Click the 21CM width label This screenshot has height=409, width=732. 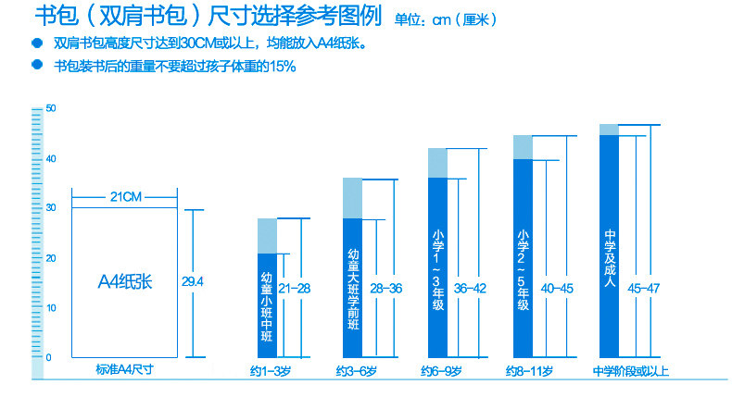coord(124,196)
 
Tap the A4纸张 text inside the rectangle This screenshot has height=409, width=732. coord(125,281)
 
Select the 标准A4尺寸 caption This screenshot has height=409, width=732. coord(124,370)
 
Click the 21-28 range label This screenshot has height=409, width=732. coord(294,288)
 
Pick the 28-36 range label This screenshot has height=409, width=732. coord(386,288)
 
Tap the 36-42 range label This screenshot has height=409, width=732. coord(469,288)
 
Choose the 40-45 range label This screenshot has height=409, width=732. coord(557,288)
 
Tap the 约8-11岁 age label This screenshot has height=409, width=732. coord(529,371)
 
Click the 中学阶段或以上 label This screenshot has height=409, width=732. coord(631,371)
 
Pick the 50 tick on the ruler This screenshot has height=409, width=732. coord(50,109)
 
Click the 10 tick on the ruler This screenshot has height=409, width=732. coord(50,307)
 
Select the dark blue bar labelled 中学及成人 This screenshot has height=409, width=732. coord(609,245)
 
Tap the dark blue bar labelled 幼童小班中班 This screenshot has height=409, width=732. coord(267,305)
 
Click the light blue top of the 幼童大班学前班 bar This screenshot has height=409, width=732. coord(352,197)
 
